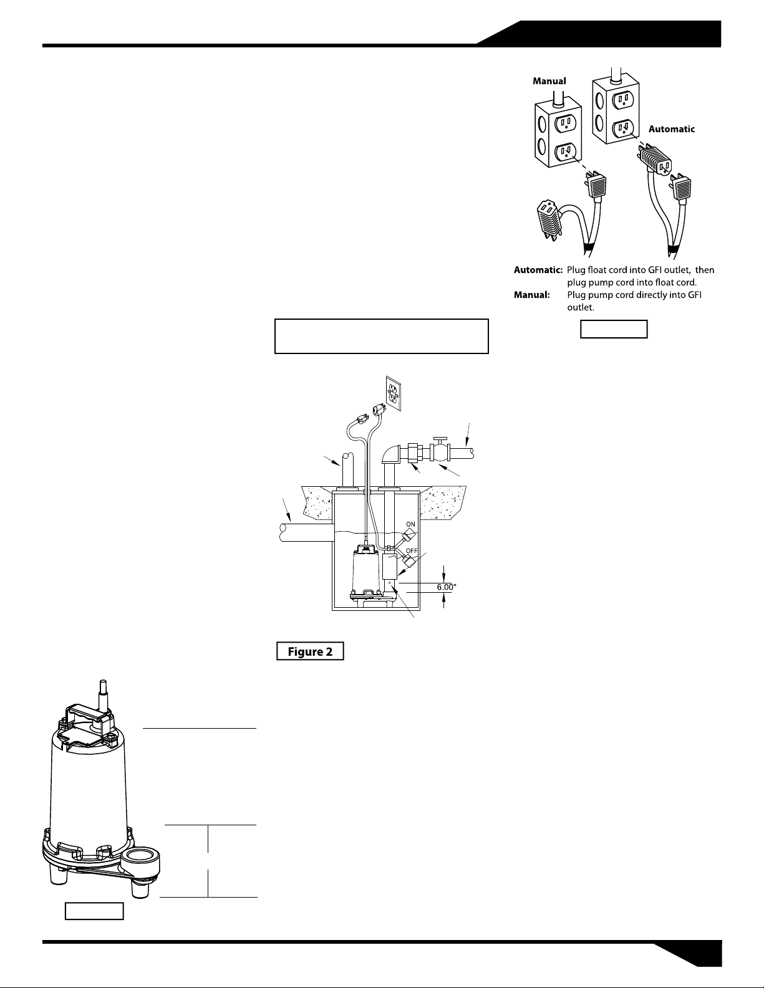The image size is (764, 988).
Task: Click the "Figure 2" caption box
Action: coord(310,651)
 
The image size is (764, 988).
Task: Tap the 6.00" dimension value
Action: coord(447,587)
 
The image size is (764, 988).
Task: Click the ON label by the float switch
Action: coord(410,524)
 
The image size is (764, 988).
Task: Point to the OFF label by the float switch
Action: coord(412,550)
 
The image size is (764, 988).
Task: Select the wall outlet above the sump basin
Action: coord(394,393)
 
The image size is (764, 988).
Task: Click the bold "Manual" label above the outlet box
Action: coord(549,81)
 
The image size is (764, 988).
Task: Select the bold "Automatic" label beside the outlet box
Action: coord(672,129)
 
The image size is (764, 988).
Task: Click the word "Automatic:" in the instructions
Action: coord(538,270)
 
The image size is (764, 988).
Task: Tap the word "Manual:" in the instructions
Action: coord(531,295)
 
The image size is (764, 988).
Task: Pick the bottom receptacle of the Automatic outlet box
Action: coord(624,128)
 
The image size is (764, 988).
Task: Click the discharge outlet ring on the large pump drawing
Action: coord(140,857)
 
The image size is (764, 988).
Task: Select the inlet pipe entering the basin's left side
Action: coord(306,532)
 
